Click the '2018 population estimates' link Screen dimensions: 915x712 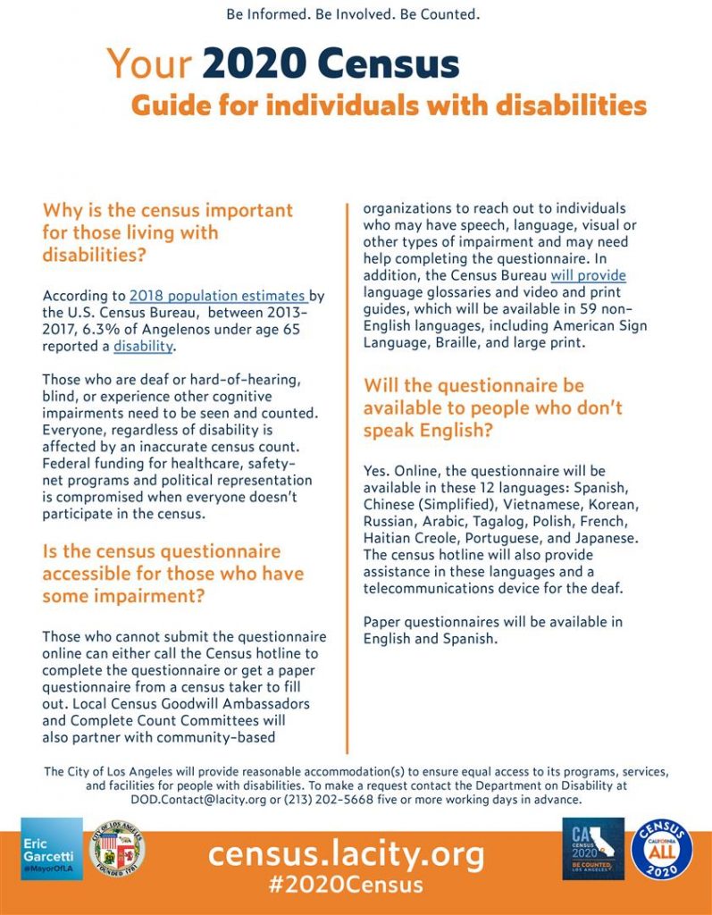tap(219, 296)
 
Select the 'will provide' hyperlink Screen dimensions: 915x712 tap(588, 275)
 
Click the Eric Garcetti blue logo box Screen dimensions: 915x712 tap(52, 848)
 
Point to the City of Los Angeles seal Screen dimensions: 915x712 tap(119, 848)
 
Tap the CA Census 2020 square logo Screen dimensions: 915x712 tap(593, 848)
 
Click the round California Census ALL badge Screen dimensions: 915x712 tap(662, 848)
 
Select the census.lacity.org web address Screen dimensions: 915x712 tap(347, 853)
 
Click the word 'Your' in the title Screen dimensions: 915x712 tap(149, 63)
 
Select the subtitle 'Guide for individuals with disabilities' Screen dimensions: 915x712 tap(389, 105)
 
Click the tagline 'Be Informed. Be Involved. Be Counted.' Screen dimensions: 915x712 tap(353, 15)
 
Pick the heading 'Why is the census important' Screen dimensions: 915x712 tap(167, 211)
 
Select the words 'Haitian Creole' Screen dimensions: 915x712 tap(406, 539)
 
